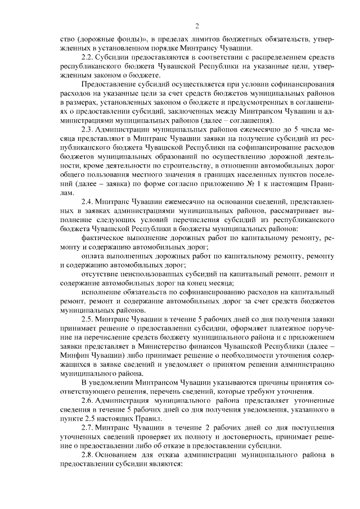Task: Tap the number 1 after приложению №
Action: [230, 183]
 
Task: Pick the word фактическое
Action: [101, 238]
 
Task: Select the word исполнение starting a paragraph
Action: [101, 293]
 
